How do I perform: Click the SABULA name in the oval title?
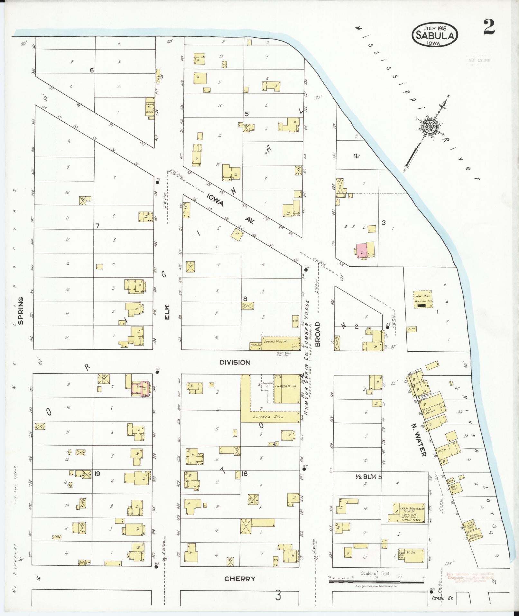point(435,35)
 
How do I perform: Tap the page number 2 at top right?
point(489,27)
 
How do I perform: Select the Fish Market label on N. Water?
point(430,411)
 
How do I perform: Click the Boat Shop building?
point(454,488)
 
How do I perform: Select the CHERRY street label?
point(240,579)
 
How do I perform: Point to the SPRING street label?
point(20,311)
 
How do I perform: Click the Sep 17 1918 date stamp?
point(479,60)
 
